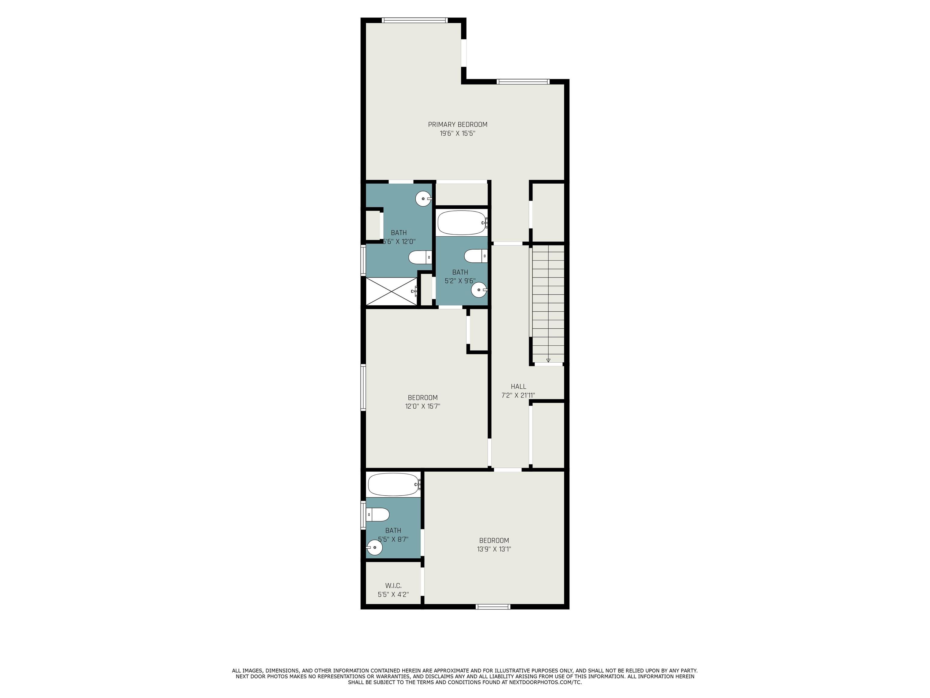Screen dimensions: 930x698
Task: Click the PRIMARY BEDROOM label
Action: coord(457,125)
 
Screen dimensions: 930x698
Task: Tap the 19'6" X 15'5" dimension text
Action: coord(457,133)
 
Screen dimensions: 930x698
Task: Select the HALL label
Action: coord(518,386)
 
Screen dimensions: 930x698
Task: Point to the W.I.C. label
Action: coord(393,586)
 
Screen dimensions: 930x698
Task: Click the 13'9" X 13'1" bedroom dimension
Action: coord(494,549)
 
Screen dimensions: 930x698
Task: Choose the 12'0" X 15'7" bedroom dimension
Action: coord(423,407)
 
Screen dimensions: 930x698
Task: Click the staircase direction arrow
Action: coord(548,360)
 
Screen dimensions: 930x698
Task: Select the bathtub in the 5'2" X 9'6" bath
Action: coord(462,223)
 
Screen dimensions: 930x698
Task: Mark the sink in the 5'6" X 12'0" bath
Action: coord(424,199)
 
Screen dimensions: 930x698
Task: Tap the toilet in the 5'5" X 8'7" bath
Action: coord(378,514)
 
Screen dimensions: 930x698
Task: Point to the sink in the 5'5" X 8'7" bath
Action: coord(374,547)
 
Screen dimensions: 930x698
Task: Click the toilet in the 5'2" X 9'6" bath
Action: coord(476,255)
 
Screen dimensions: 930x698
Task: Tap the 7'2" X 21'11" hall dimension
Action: coord(518,395)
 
